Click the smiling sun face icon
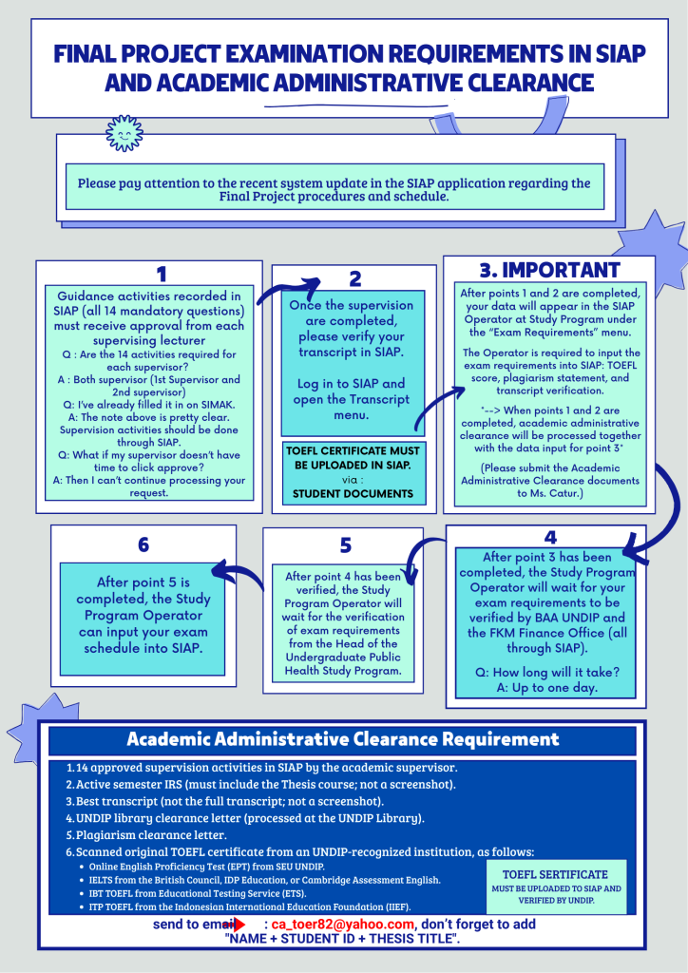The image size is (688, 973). click(124, 133)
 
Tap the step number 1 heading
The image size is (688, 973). click(162, 274)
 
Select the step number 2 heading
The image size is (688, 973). click(355, 278)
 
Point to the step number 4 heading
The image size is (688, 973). click(550, 537)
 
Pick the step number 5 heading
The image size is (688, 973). click(346, 545)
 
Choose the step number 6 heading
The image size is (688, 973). click(143, 544)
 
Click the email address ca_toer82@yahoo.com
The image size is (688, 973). click(343, 924)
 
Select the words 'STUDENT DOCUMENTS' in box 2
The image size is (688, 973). click(354, 493)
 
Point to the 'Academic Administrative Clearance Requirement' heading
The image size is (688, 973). click(343, 739)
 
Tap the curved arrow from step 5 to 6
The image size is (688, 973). click(238, 575)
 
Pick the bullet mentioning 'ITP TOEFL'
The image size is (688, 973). click(249, 907)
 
